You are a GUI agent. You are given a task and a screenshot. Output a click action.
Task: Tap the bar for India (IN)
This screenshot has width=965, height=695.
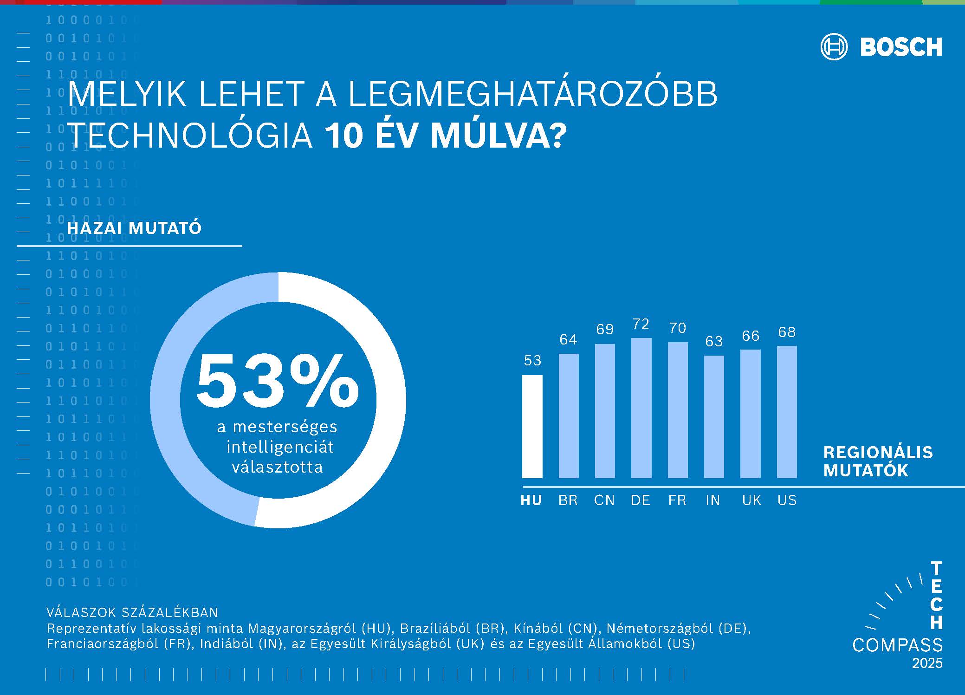[x=714, y=416]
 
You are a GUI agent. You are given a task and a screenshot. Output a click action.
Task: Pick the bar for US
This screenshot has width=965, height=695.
[x=787, y=412]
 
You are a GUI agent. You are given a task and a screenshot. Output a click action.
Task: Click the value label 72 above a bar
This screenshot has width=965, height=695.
[x=641, y=324]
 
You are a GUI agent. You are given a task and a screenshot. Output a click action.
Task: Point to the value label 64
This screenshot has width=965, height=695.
[x=568, y=340]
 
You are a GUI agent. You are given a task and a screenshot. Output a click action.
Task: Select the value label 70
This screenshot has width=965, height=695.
[x=678, y=328]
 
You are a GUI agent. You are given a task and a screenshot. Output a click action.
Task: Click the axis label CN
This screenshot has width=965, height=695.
[x=604, y=500]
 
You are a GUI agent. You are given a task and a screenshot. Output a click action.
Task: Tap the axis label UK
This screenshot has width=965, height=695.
[x=751, y=500]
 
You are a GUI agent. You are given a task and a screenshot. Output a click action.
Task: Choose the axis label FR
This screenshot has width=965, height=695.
[x=677, y=500]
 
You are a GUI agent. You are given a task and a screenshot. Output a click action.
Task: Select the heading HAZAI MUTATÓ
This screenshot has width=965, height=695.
[x=134, y=228]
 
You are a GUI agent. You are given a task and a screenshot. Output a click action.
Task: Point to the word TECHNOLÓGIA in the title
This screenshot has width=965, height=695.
[x=190, y=136]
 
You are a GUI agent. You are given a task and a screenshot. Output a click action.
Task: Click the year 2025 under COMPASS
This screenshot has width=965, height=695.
[x=927, y=663]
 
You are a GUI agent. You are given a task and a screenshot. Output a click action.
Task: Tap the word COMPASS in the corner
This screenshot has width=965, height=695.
[x=897, y=645]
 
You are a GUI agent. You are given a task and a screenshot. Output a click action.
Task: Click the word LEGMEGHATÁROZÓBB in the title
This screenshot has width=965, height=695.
[x=532, y=94]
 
